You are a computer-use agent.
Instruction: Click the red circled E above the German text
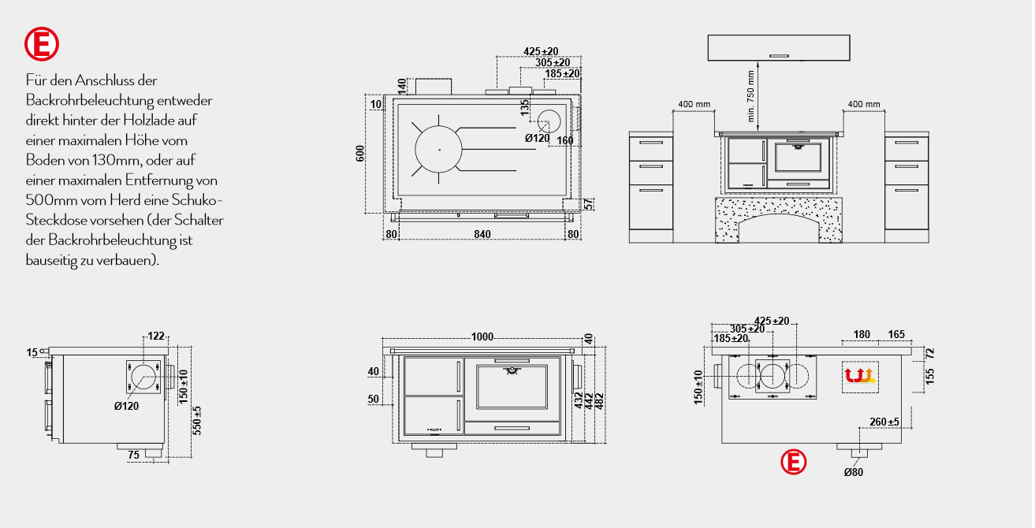(42, 44)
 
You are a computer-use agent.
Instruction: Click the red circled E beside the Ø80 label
(793, 462)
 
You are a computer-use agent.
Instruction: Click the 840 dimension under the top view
(482, 234)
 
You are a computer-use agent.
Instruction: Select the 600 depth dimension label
(360, 154)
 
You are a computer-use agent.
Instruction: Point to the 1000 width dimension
(482, 337)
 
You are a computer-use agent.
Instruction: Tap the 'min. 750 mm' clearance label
(750, 96)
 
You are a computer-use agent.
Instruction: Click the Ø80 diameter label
(854, 472)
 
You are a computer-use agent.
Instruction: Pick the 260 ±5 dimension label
(884, 422)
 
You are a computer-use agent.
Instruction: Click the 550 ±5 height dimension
(197, 420)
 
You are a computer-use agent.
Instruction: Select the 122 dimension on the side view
(156, 336)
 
